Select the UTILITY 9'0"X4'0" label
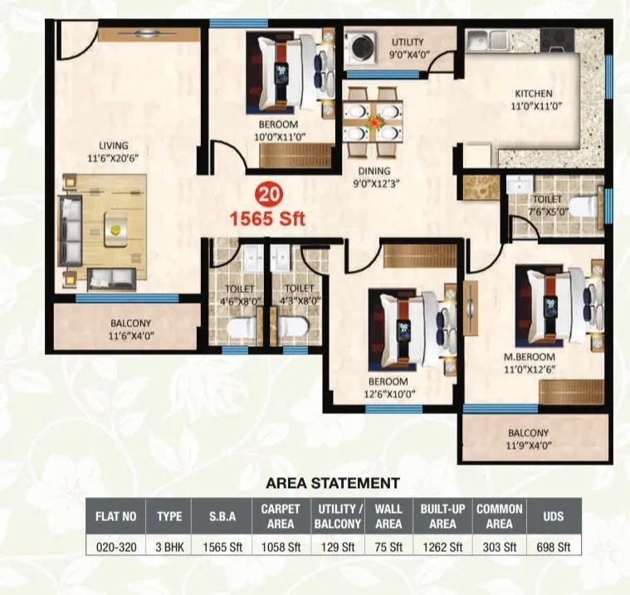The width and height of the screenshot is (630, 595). [407, 47]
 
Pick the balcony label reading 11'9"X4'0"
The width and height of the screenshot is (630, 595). [529, 438]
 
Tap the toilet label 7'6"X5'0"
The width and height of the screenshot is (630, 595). [548, 204]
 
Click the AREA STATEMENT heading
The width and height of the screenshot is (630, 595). [332, 482]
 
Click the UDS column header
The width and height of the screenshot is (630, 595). [553, 516]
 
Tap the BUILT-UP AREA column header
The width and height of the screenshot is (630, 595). [443, 516]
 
